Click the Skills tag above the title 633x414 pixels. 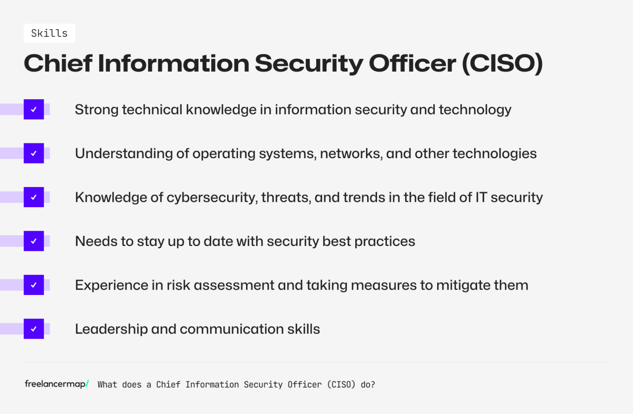49,33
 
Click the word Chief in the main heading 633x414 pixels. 58,63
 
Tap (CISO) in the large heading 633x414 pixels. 502,63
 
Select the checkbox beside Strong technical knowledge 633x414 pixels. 34,110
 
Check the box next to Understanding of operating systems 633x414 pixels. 34,153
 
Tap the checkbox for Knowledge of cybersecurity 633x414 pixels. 34,197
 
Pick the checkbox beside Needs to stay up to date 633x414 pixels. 34,241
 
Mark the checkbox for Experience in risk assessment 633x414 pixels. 34,285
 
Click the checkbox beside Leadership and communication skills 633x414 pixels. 34,329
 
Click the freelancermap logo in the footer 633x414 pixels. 56,384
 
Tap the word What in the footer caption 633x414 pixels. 107,385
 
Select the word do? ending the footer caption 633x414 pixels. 368,385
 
